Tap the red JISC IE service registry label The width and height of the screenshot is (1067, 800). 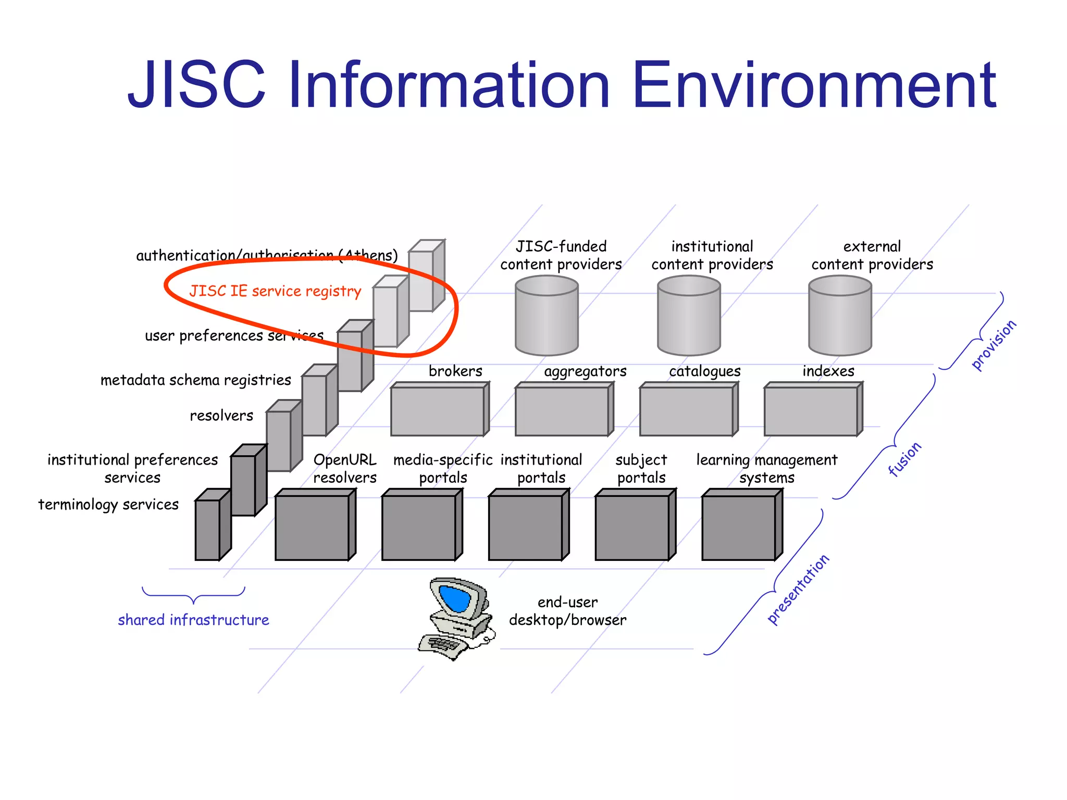click(x=275, y=291)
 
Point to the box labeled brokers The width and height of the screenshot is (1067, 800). click(x=438, y=411)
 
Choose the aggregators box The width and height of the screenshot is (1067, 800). click(x=562, y=411)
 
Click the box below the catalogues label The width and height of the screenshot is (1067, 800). click(x=686, y=411)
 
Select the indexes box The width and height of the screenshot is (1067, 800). click(x=811, y=411)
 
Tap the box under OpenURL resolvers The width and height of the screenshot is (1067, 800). click(x=313, y=527)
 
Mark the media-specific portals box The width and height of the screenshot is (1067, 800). click(x=419, y=527)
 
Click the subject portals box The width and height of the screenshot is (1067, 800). click(x=632, y=527)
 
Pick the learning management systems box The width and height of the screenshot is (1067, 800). click(x=739, y=527)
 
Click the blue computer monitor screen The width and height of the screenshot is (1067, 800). click(x=455, y=598)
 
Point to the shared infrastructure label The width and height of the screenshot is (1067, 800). click(x=193, y=620)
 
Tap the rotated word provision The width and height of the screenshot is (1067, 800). click(x=994, y=345)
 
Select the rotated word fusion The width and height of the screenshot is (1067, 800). click(x=905, y=459)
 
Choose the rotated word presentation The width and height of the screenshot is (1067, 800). click(x=798, y=589)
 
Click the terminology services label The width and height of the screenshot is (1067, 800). click(x=108, y=505)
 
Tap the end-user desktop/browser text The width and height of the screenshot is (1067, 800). click(x=567, y=611)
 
